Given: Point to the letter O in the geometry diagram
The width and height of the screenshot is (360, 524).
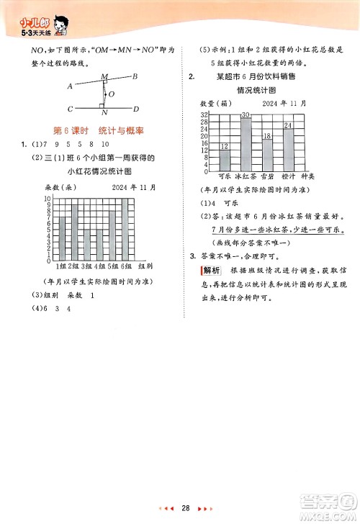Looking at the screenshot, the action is pyautogui.click(x=110, y=94).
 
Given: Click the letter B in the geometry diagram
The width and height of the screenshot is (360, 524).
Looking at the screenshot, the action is pyautogui.click(x=135, y=77).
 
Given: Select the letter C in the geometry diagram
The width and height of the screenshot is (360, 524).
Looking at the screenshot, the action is pyautogui.click(x=70, y=109).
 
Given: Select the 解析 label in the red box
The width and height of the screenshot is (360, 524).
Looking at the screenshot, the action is pyautogui.click(x=210, y=270).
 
